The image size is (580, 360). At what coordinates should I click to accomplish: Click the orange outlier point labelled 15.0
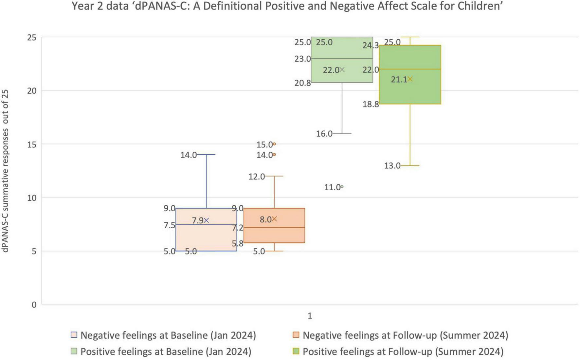[274, 144]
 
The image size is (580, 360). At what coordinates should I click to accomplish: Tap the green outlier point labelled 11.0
[342, 187]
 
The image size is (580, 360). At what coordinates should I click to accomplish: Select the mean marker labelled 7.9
[206, 220]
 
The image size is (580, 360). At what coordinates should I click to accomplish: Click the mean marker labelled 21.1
[410, 79]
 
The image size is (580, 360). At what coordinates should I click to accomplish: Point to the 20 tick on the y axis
[32, 91]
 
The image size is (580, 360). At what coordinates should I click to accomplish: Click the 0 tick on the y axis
[34, 305]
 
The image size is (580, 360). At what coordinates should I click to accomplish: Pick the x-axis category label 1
[310, 316]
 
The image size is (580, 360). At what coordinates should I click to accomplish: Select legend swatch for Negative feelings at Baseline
[74, 335]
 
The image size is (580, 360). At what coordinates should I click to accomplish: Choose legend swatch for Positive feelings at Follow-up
[296, 351]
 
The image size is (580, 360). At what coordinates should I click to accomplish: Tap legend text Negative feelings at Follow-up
[405, 335]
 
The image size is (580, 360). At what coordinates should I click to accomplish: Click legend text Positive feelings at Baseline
[166, 351]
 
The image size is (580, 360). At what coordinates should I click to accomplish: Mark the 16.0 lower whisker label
[324, 134]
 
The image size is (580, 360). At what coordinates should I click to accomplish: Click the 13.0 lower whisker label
[392, 166]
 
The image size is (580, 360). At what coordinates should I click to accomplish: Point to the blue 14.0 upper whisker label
[188, 155]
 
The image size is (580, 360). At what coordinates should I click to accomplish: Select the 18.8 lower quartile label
[371, 104]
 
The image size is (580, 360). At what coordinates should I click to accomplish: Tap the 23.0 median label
[302, 59]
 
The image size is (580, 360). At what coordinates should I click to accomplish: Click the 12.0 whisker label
[256, 177]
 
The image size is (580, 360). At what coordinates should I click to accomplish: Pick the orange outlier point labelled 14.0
[274, 154]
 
